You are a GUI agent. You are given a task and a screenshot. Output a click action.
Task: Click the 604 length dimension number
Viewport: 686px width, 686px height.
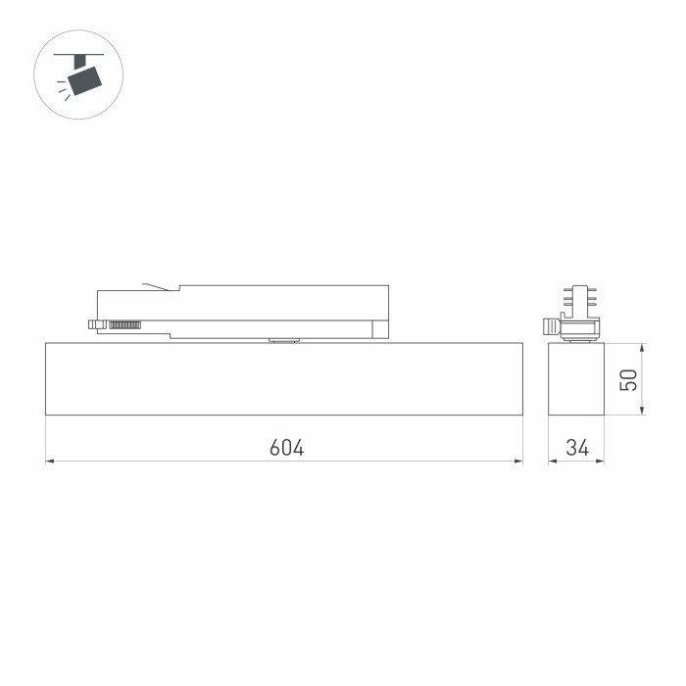coord(286,448)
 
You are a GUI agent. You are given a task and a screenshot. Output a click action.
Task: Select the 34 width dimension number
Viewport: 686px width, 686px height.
coord(577,448)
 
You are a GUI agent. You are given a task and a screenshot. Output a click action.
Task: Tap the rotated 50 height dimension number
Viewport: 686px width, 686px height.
coord(629,378)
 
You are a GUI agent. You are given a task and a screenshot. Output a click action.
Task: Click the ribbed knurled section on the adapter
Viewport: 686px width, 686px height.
coord(125,323)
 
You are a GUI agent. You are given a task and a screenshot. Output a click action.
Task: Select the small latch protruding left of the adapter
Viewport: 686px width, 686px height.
coord(94,323)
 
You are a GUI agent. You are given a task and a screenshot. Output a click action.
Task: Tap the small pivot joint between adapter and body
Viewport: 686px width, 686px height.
coord(284,340)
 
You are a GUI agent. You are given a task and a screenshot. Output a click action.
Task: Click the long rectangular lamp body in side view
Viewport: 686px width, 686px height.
coord(284,378)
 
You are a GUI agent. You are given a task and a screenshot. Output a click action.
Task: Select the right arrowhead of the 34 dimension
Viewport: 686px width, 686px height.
coord(601,461)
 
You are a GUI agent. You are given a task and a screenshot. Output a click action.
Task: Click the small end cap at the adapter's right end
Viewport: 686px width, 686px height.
coord(380,327)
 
